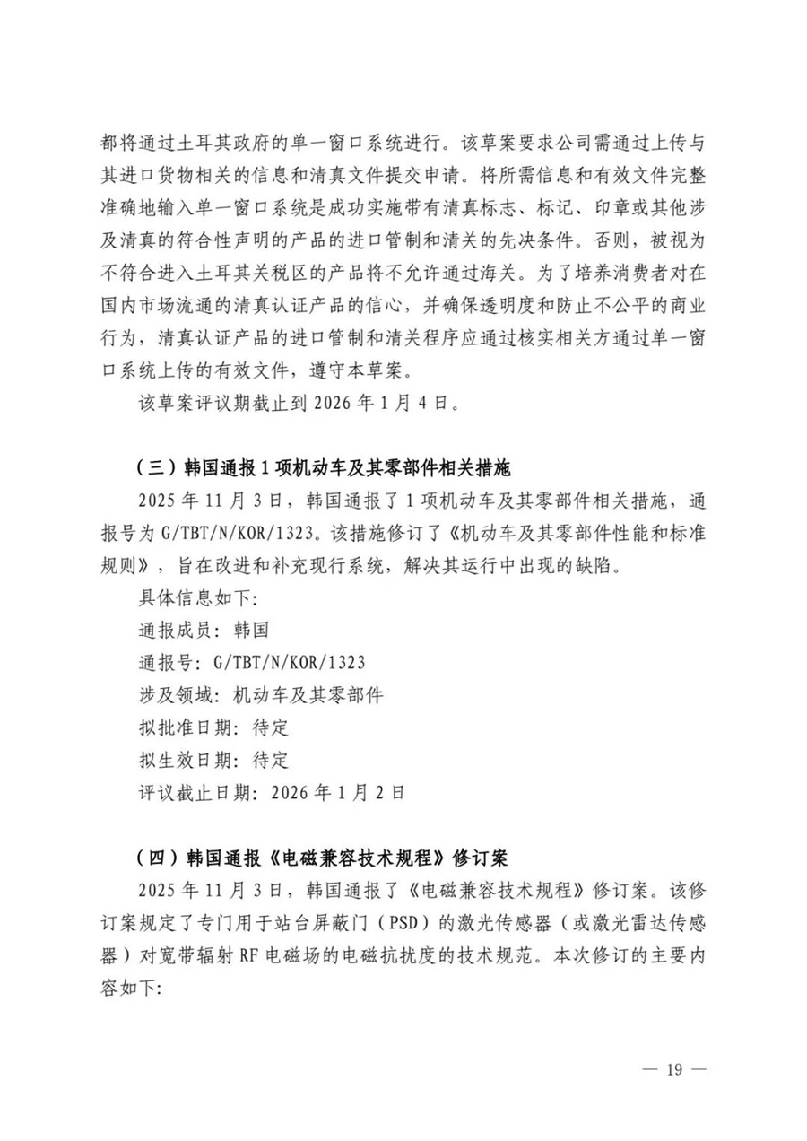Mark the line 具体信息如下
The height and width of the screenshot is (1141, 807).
pyautogui.click(x=191, y=597)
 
